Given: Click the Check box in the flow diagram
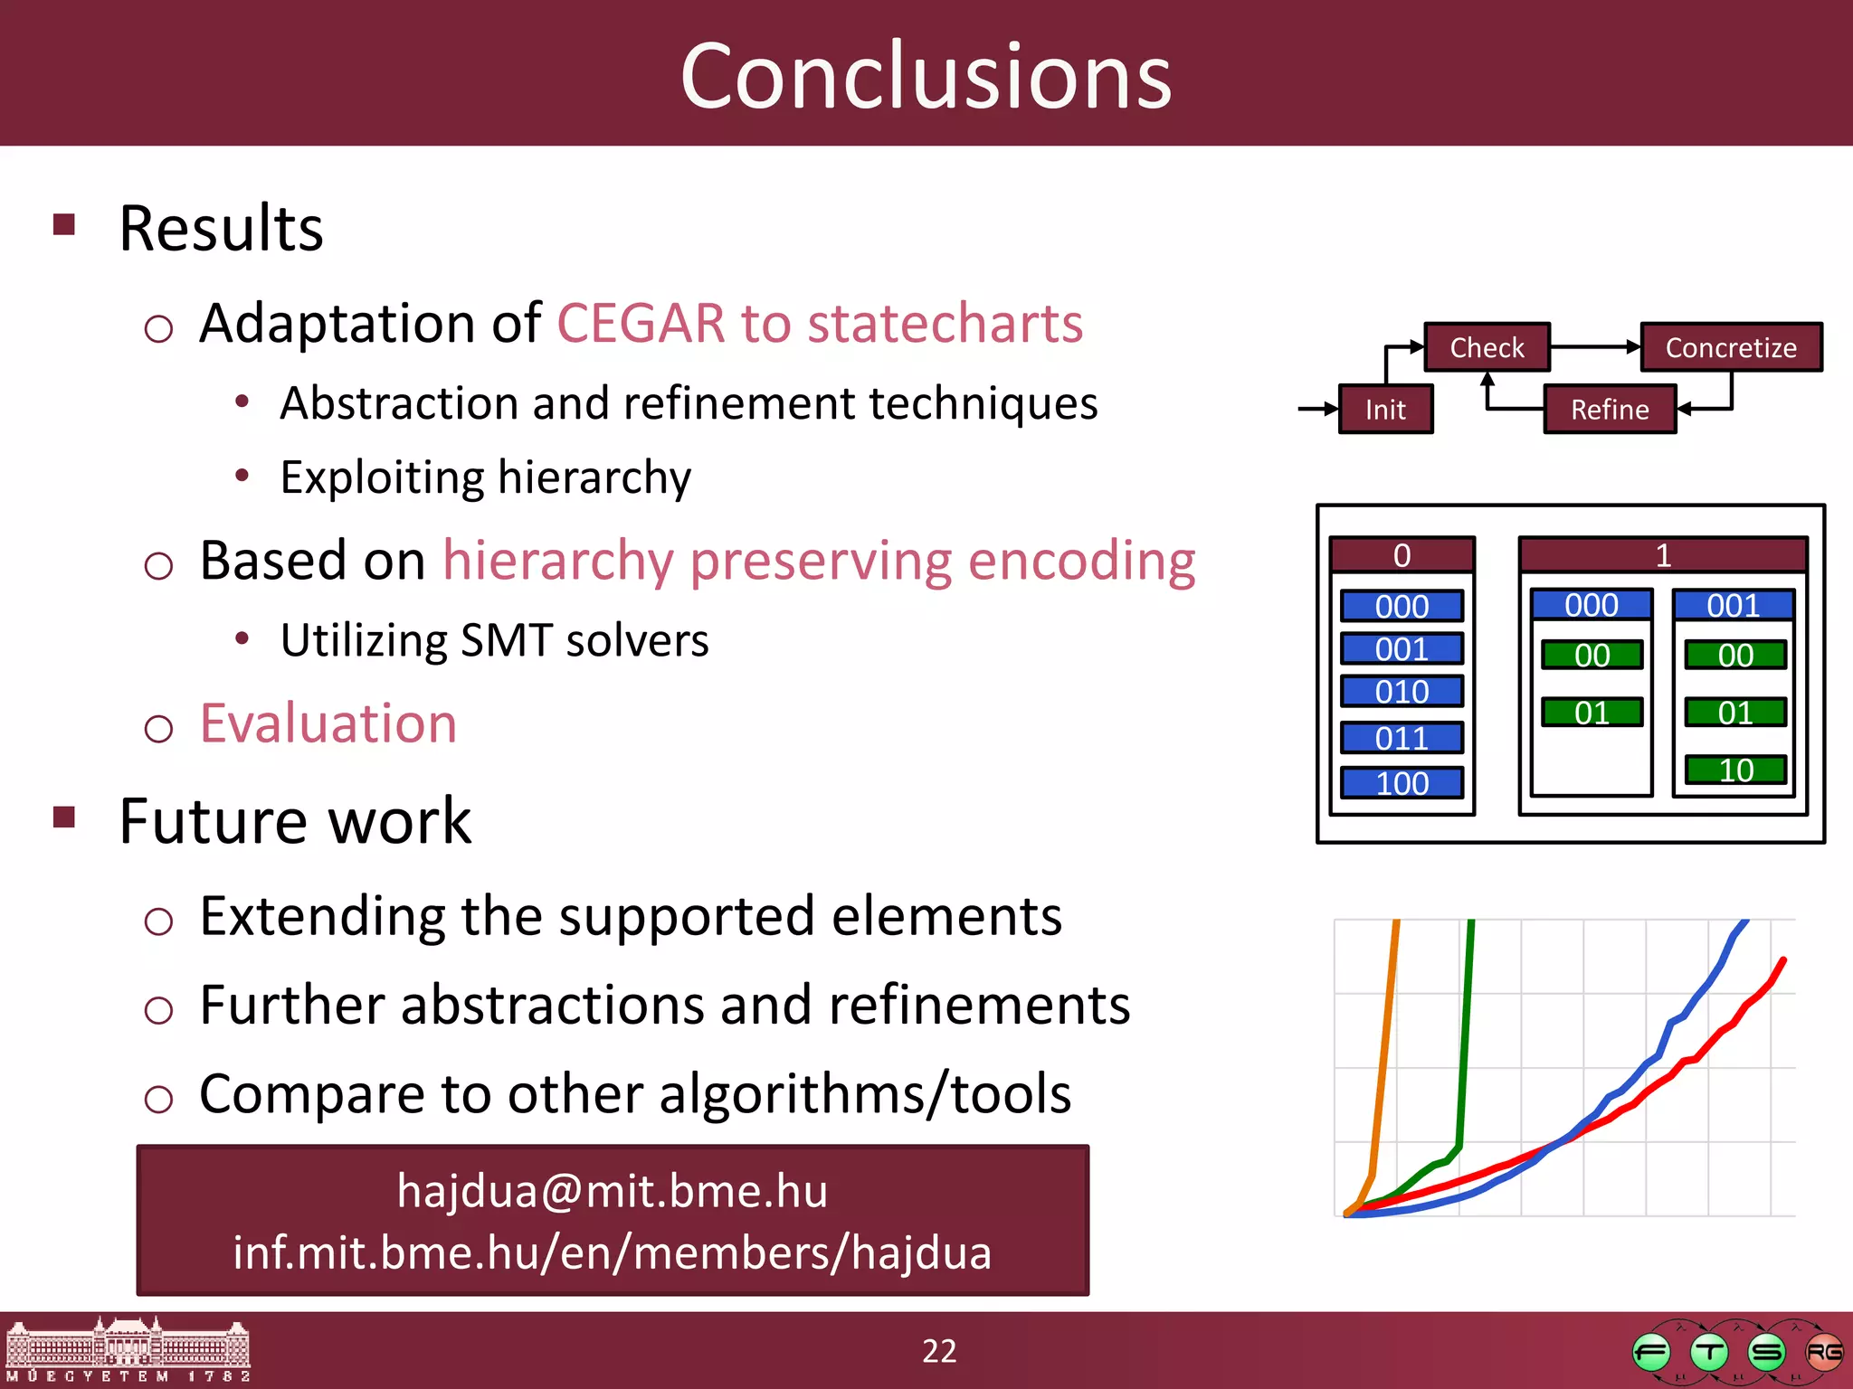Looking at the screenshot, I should (x=1487, y=347).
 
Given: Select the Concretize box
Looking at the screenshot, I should (x=1730, y=347).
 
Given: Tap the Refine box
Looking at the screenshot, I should (x=1610, y=410).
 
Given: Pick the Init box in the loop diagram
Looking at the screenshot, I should (x=1385, y=410).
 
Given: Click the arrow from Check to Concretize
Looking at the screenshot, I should (x=1594, y=346).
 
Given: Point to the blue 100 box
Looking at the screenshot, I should (x=1402, y=783).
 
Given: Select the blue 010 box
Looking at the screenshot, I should (x=1402, y=692).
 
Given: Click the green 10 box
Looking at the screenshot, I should (x=1735, y=770).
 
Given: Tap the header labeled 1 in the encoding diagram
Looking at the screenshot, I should (x=1663, y=555).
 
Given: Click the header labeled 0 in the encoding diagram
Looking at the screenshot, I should (x=1402, y=555).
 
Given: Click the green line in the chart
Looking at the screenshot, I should (x=1465, y=1040).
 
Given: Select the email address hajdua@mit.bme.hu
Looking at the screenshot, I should (x=613, y=1191).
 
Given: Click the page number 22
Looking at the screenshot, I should (x=939, y=1351).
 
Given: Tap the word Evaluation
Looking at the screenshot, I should (x=328, y=723).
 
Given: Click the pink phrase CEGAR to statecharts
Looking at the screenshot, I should (x=820, y=323).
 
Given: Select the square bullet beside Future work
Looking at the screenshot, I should (x=64, y=817).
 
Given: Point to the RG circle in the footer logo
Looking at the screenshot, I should (x=1823, y=1353).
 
